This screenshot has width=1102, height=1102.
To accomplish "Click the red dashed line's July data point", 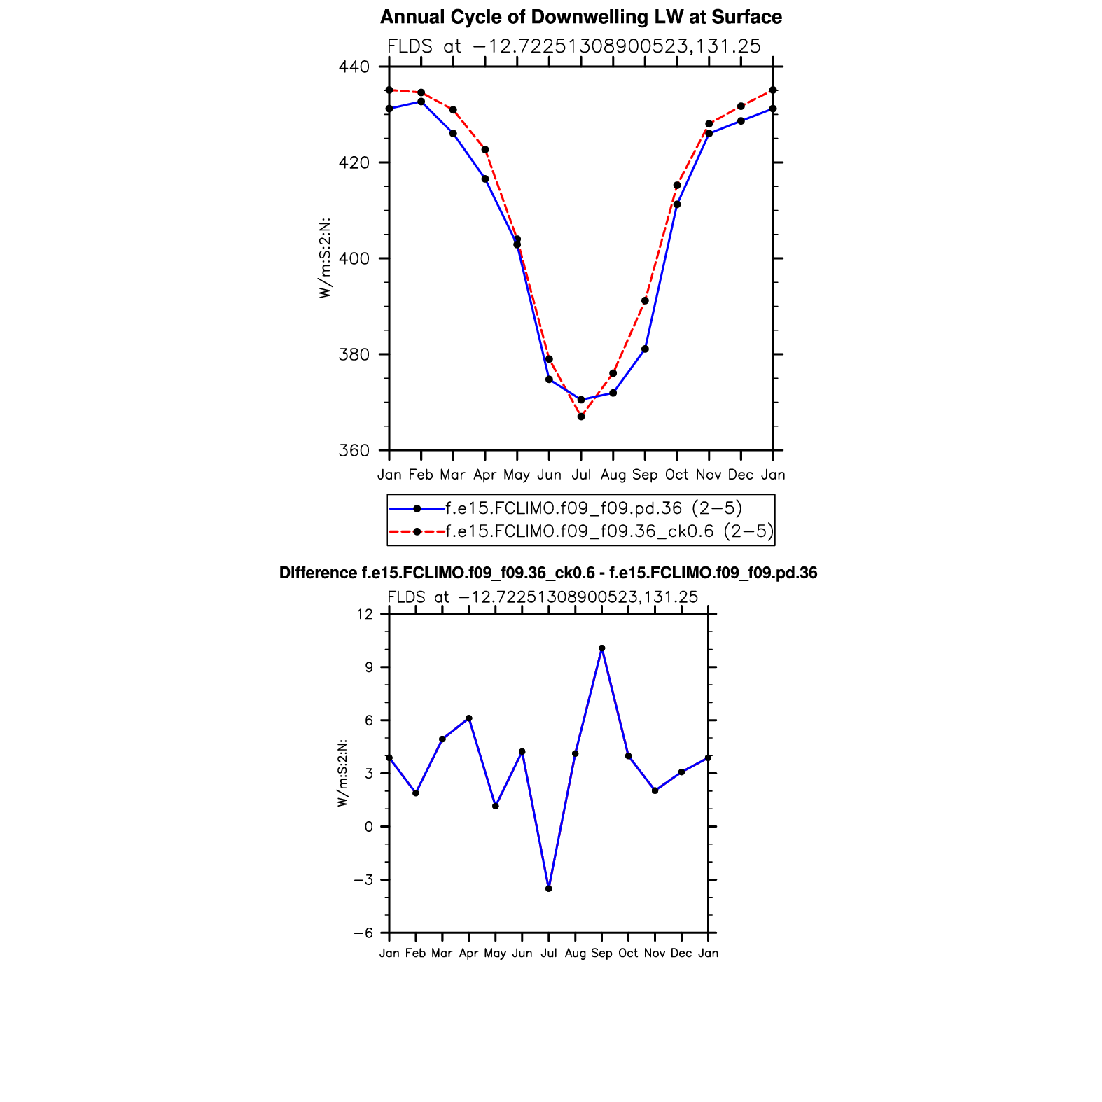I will click(581, 417).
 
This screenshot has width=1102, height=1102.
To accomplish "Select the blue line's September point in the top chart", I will click(645, 349).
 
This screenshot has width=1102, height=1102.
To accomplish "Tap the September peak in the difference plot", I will click(601, 648).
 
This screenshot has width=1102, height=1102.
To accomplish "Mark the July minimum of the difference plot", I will click(549, 888).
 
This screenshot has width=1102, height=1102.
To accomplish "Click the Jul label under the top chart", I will click(581, 475).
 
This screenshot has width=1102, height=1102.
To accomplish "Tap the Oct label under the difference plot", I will click(628, 954).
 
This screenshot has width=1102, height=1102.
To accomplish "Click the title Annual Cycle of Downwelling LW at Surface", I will click(580, 17).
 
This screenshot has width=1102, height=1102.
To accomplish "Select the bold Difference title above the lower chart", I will click(548, 573).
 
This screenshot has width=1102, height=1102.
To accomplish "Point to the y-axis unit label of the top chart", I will click(325, 258).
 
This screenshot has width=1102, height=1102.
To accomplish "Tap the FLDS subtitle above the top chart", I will click(574, 47).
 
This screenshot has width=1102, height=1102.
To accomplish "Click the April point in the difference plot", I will click(469, 718).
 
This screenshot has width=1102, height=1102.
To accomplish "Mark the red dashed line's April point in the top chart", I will click(485, 150).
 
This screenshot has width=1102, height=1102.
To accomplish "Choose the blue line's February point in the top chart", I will click(421, 102).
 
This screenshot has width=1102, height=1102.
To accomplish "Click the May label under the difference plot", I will click(495, 954).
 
